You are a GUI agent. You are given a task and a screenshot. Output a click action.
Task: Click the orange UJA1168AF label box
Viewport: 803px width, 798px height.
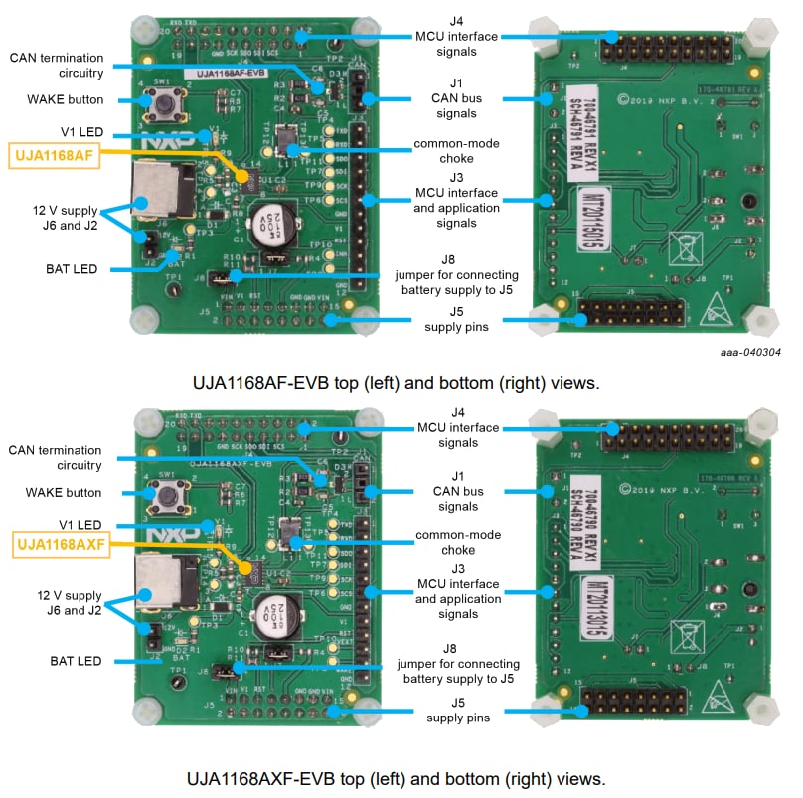coord(55,155)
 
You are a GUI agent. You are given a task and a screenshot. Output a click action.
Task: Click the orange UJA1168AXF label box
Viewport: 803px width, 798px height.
coord(61,544)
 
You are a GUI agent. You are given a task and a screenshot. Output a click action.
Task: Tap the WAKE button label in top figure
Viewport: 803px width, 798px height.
coord(66,99)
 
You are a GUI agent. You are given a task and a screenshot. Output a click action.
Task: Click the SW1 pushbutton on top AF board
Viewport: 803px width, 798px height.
coord(160,100)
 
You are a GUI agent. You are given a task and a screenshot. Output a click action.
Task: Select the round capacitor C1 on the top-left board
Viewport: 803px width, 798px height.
coord(270,222)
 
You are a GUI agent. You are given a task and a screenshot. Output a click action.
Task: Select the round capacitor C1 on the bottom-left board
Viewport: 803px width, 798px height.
coord(271,614)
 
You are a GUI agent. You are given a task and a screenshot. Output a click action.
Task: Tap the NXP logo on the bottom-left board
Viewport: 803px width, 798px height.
coord(160,537)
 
